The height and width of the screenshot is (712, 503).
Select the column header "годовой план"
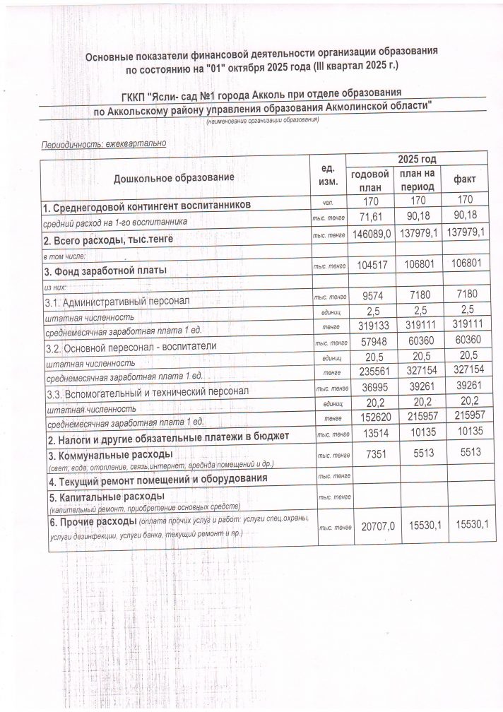[370, 181]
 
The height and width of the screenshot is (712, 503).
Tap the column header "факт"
[465, 179]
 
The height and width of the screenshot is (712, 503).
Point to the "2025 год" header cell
[417, 159]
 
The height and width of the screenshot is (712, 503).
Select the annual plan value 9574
[371, 298]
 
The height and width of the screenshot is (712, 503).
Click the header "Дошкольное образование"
[173, 177]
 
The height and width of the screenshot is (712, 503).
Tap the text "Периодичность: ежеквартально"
[104, 143]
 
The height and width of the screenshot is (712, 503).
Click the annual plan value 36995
[371, 391]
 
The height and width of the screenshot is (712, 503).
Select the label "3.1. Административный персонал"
[117, 302]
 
